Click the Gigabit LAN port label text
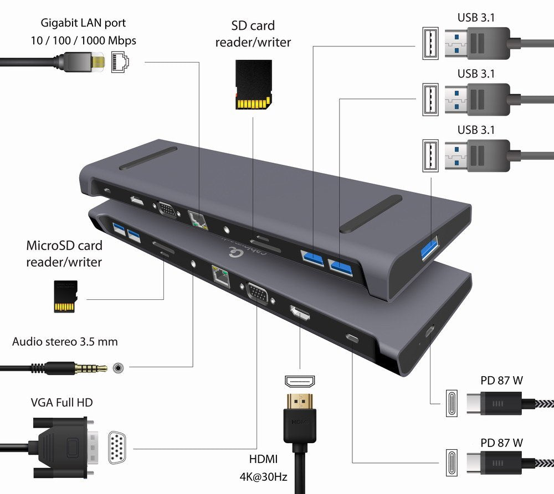pos(83,23)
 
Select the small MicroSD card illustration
pos(65,296)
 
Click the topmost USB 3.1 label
pos(476,17)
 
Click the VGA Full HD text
pos(61,402)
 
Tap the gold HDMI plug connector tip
pos(300,399)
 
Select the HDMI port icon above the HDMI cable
pos(300,381)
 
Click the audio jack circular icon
pos(118,367)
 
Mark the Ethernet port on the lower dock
pos(219,274)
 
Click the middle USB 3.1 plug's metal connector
pos(455,100)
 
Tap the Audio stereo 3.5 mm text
pos(65,341)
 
